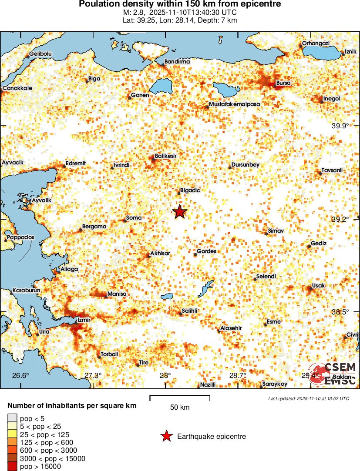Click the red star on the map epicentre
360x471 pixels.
180,212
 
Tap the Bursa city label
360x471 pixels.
283,83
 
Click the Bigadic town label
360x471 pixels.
190,190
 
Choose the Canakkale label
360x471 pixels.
17,88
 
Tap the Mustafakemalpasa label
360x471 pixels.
234,105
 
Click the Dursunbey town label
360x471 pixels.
246,165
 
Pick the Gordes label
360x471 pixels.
206,251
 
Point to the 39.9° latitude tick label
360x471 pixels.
340,126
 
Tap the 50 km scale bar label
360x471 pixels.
180,408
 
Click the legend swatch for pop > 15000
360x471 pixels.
12,467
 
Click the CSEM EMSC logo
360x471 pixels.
333,374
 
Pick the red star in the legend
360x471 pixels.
166,436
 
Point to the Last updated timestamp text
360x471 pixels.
309,398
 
